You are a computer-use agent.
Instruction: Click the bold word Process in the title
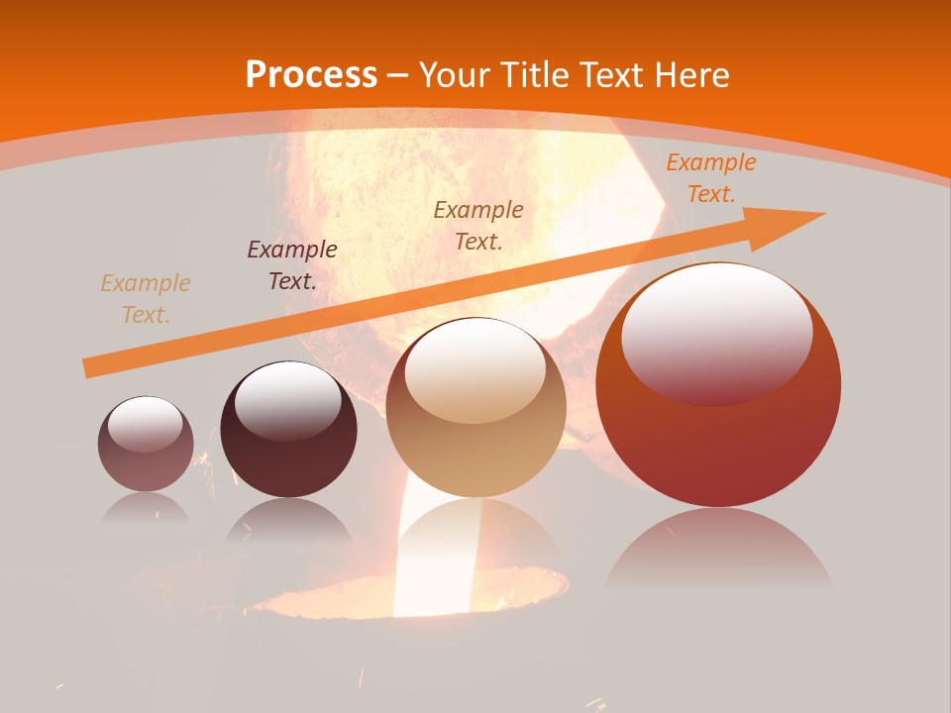pyautogui.click(x=311, y=75)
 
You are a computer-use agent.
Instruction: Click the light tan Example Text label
pyautogui.click(x=146, y=299)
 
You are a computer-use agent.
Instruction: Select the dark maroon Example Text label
pyautogui.click(x=292, y=265)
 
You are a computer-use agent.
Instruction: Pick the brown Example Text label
pyautogui.click(x=478, y=225)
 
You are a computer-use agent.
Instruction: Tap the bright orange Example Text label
pyautogui.click(x=710, y=178)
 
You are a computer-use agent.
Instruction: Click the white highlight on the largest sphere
pyautogui.click(x=717, y=332)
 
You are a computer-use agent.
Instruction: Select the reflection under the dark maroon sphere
pyautogui.click(x=288, y=520)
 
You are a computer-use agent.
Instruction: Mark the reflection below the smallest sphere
pyautogui.click(x=146, y=507)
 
